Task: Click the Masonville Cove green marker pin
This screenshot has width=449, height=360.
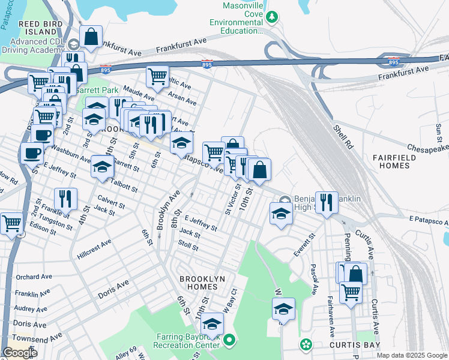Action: click(x=272, y=17)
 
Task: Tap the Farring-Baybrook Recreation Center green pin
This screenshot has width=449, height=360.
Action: click(x=229, y=341)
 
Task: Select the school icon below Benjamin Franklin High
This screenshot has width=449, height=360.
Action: click(x=281, y=213)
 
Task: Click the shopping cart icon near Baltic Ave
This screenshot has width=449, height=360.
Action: click(x=157, y=76)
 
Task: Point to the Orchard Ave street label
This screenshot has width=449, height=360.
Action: click(x=33, y=277)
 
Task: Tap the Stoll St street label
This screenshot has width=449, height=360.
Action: click(x=188, y=245)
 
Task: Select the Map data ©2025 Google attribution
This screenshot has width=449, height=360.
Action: click(x=411, y=355)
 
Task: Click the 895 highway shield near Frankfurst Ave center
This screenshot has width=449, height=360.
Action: click(x=206, y=63)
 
